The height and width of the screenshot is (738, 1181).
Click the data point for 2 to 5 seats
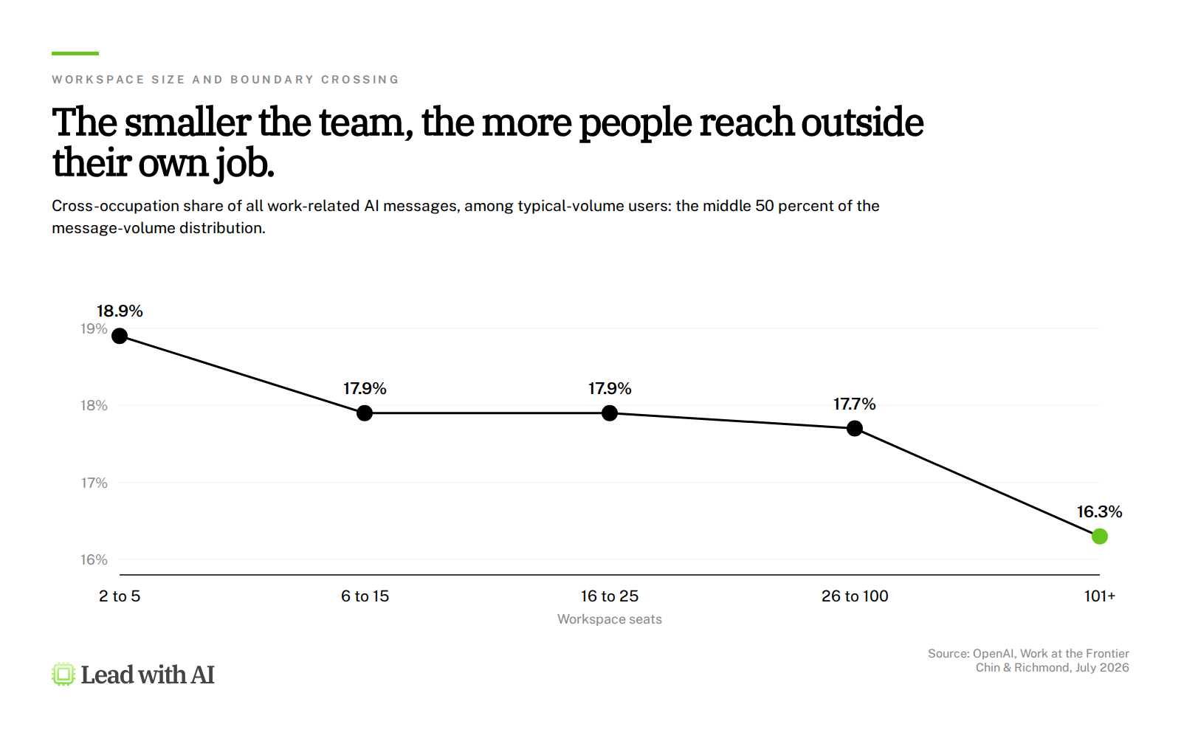120,336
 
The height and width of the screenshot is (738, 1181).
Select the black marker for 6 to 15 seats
365,413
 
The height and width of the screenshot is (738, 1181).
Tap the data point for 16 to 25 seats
610,413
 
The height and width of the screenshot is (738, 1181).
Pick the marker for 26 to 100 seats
855,429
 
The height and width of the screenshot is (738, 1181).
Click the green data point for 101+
1099,536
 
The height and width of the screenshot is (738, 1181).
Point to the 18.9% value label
120,311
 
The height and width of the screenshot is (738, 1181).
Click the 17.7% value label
855,404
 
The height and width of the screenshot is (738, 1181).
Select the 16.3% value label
1099,512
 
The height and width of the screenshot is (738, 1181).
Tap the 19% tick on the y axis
94,329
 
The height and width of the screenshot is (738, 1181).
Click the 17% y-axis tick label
94,483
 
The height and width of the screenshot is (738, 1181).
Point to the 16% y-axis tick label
94,560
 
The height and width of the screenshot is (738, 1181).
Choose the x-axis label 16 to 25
610,596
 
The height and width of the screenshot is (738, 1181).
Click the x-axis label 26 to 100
855,596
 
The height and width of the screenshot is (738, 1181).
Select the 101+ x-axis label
1099,596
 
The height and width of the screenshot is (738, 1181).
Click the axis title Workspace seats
610,619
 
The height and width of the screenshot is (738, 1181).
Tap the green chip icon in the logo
63,675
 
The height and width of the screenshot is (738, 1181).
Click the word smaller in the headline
187,123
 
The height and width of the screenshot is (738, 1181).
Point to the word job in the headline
244,165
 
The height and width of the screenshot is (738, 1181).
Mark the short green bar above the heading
75,53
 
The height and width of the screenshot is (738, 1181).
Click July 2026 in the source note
1102,668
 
